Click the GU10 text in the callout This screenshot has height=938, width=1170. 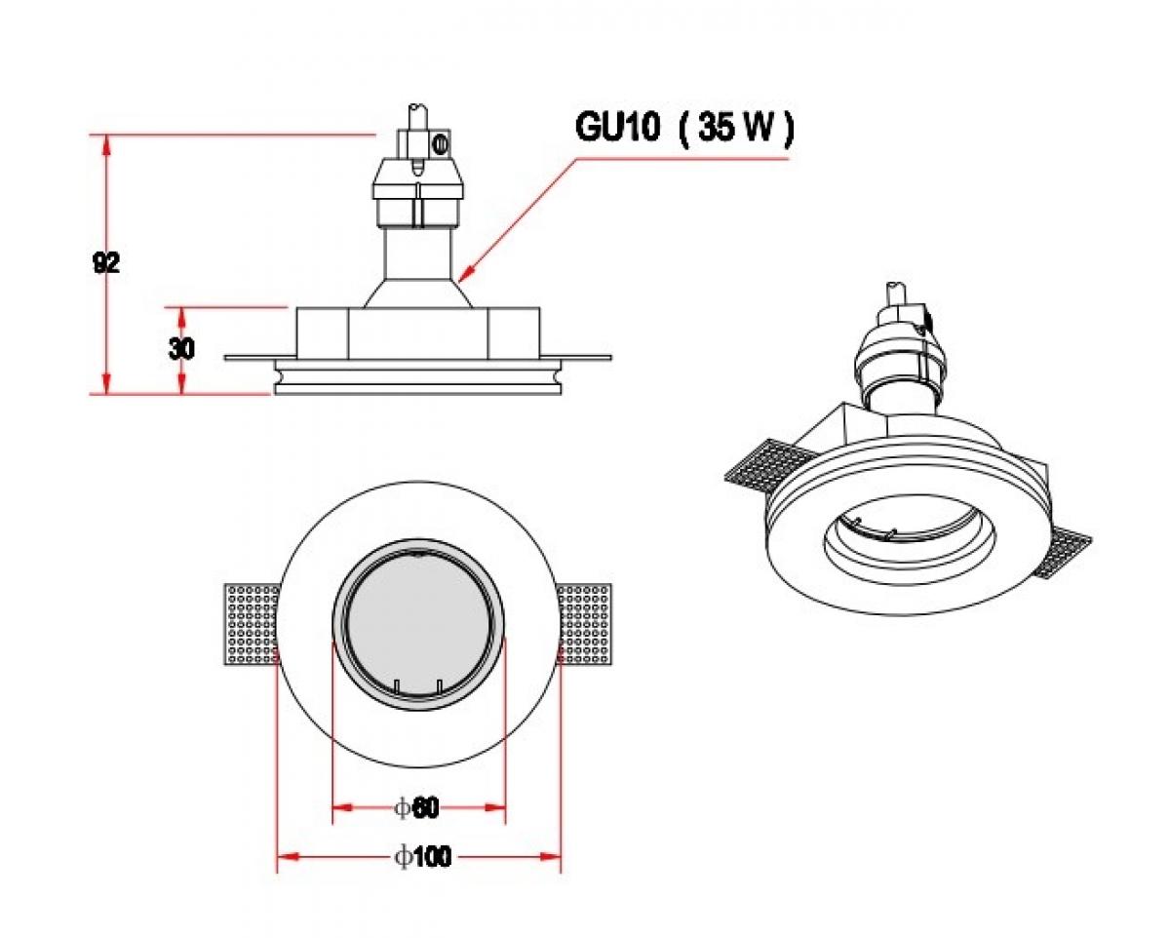(618, 128)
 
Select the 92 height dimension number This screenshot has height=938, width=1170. (106, 262)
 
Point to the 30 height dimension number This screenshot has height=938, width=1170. (181, 349)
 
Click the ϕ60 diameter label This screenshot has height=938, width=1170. (417, 807)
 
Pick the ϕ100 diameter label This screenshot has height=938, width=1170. (422, 857)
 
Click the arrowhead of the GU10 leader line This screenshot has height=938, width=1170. (464, 275)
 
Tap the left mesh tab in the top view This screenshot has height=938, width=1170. (252, 624)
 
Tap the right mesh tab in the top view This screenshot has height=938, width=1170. (587, 624)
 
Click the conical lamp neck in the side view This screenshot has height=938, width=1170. (419, 293)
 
